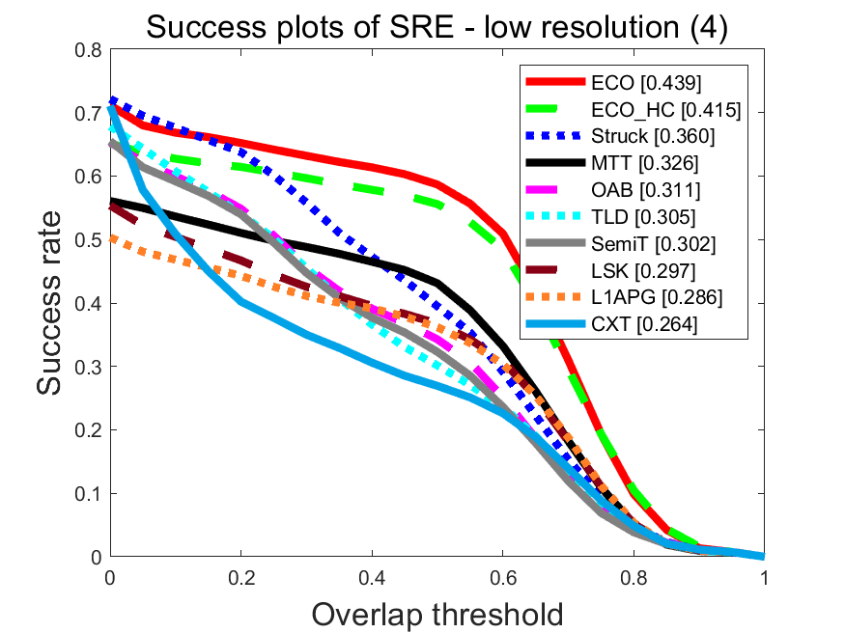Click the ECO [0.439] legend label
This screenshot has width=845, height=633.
[x=646, y=83]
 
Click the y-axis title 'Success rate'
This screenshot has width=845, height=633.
[x=54, y=304]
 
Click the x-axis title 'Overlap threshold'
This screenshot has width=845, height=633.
[x=437, y=612]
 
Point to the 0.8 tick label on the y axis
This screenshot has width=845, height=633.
[x=90, y=50]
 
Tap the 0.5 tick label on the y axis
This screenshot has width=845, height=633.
[x=90, y=240]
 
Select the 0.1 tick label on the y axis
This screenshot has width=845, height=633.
[x=90, y=494]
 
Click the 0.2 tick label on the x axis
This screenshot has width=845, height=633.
[x=241, y=576]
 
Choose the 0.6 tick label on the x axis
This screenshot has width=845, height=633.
[x=502, y=576]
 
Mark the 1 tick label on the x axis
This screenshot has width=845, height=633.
[x=764, y=576]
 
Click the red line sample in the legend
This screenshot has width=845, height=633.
[x=554, y=83]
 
